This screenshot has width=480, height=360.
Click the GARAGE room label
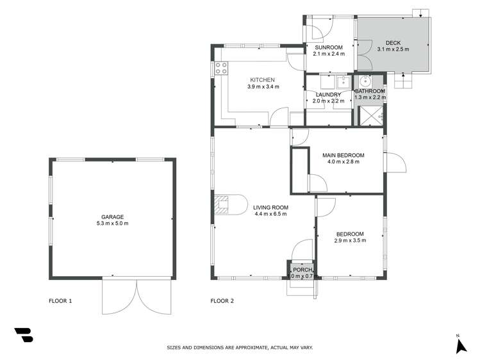(112, 217)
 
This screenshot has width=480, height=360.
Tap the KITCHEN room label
(263, 80)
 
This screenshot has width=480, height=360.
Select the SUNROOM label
(329, 47)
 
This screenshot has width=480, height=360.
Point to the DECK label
(393, 43)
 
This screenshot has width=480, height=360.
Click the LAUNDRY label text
(327, 95)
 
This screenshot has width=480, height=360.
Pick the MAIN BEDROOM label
(343, 155)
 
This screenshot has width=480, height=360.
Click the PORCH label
(302, 270)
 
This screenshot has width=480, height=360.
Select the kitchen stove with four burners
(221, 68)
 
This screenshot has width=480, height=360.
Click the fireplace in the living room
(222, 204)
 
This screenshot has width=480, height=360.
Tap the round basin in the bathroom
(365, 81)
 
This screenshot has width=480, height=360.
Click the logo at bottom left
(23, 335)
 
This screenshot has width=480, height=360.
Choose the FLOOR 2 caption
(222, 300)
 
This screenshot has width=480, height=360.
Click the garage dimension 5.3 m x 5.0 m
(112, 224)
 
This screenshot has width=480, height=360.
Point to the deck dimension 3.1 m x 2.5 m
(393, 49)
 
